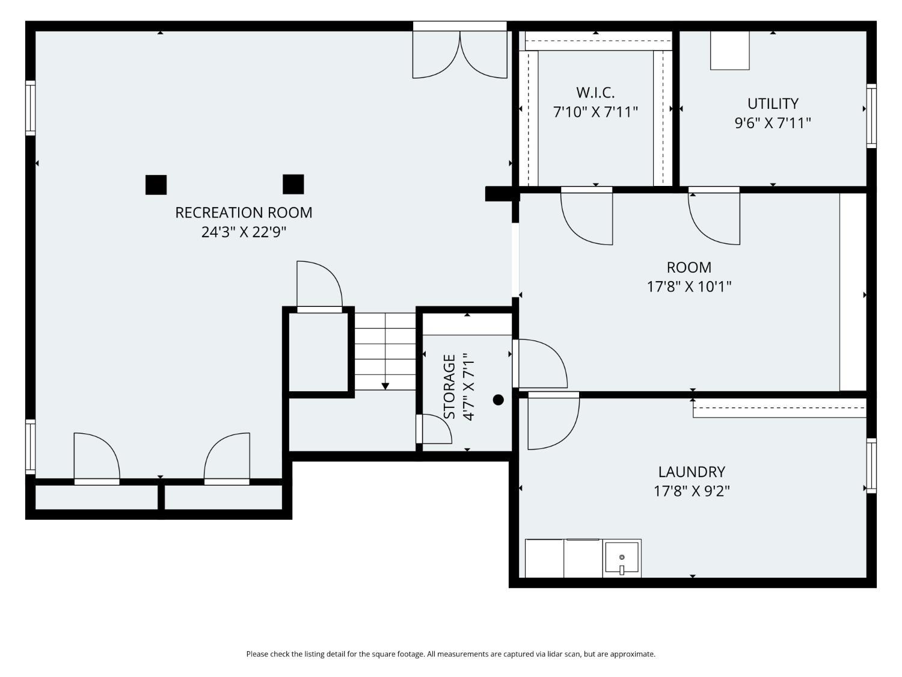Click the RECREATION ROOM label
244,212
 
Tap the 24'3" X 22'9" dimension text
244,232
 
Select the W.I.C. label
595,93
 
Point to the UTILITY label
773,104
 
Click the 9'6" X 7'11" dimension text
773,123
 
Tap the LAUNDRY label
692,471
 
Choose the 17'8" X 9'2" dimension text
692,491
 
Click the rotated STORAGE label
450,386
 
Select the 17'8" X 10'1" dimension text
689,286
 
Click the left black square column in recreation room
156,185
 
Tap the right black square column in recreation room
293,184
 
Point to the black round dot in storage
498,400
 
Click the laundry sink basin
622,558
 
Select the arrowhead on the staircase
385,386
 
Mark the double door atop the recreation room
460,50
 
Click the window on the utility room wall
871,116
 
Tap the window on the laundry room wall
871,466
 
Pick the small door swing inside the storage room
434,428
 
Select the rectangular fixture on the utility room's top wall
730,50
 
